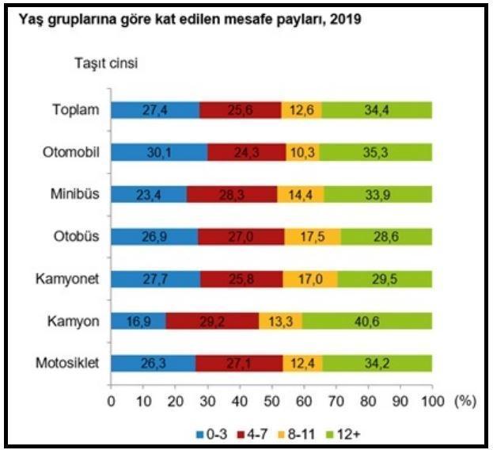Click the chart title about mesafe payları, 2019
click(184, 19)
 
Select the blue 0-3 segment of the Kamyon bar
click(138, 321)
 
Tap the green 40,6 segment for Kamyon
click(366, 321)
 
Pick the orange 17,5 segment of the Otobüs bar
click(313, 237)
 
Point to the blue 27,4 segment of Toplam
click(155, 110)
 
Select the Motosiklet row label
click(67, 363)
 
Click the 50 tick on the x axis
click(271, 400)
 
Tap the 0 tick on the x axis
click(111, 400)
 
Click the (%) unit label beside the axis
click(465, 400)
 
